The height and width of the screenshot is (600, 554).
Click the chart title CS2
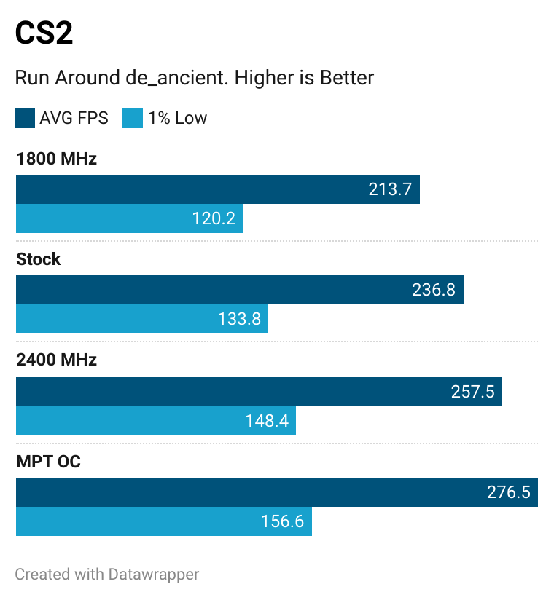coord(44,33)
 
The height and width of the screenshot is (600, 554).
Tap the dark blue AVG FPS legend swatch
coord(25,118)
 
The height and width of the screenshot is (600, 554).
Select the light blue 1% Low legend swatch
coord(133,118)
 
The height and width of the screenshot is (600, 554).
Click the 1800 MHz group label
coord(56,159)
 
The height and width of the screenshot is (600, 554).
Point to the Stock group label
coord(39,259)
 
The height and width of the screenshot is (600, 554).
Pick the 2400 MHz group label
coord(56,360)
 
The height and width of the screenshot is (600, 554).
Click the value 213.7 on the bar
coord(390,189)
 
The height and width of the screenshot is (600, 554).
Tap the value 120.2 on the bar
coord(214,218)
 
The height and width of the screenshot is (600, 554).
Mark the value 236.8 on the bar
coord(434,290)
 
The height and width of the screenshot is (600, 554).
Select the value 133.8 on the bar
coord(239,319)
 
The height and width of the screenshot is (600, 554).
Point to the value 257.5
coord(472,392)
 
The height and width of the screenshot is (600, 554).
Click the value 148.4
coord(267,421)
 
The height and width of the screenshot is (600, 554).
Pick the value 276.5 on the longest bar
coord(508,492)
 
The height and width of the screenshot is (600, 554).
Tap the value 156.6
coord(282,521)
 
